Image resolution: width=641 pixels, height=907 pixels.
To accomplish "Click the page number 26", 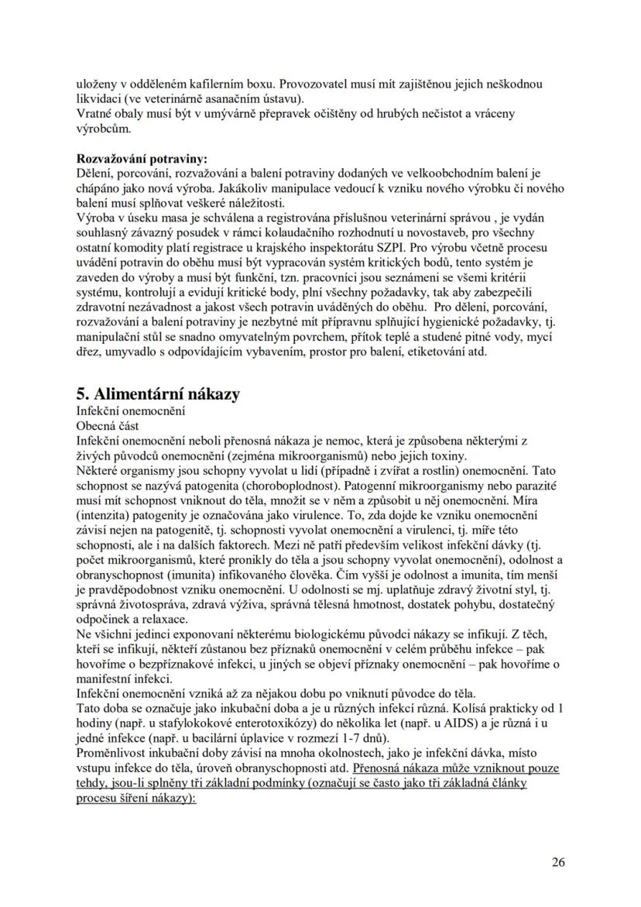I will click(558, 861).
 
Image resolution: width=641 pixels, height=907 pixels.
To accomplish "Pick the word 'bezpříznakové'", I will click(197, 665).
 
